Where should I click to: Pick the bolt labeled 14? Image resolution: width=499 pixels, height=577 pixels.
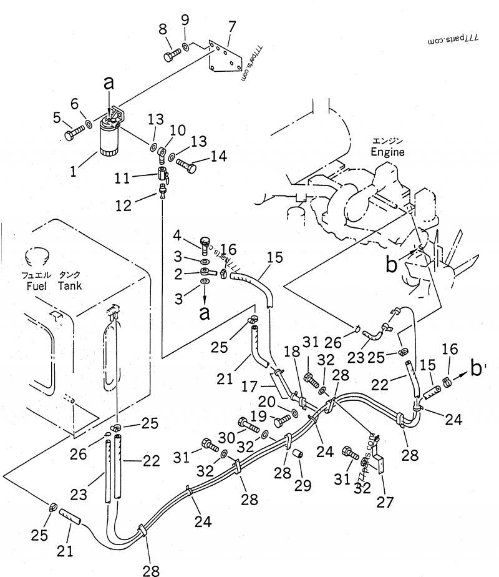188,165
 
